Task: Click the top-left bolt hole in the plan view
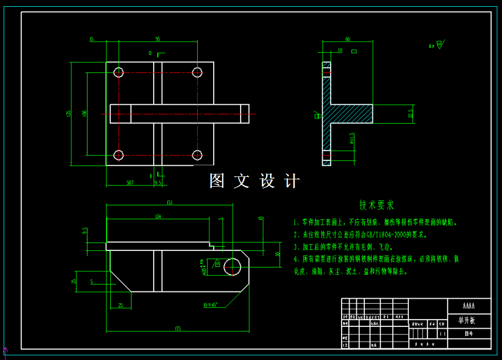pyautogui.click(x=119, y=72)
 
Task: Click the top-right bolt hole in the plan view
pyautogui.click(x=197, y=72)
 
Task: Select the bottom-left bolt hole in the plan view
pyautogui.click(x=119, y=155)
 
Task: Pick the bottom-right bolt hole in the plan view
pyautogui.click(x=197, y=155)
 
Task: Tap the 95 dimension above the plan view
pyautogui.click(x=157, y=39)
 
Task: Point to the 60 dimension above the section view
pyautogui.click(x=348, y=39)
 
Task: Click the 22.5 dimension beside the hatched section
pyautogui.click(x=411, y=113)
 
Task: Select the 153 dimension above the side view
pyautogui.click(x=170, y=203)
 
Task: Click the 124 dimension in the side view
pyautogui.click(x=158, y=216)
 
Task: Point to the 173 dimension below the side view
pyautogui.click(x=178, y=329)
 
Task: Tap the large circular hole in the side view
pyautogui.click(x=233, y=266)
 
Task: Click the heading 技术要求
pyautogui.click(x=377, y=205)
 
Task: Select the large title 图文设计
pyautogui.click(x=254, y=181)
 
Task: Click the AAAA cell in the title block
pyautogui.click(x=468, y=305)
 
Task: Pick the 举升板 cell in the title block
pyautogui.click(x=468, y=320)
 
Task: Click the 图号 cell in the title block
pyautogui.click(x=468, y=334)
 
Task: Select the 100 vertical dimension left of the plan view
pyautogui.click(x=84, y=113)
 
